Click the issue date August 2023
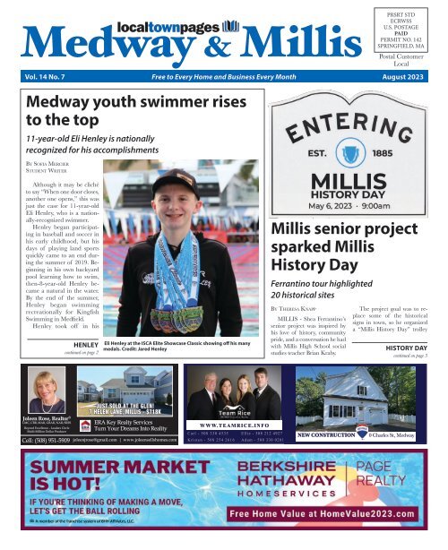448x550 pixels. (x=399, y=89)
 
